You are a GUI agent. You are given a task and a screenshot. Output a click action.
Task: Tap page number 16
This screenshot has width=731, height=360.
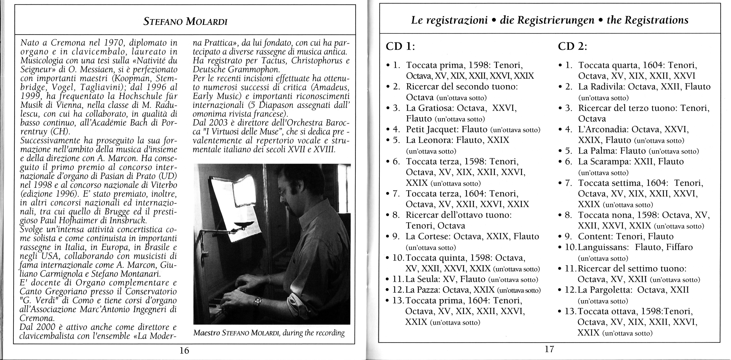tap(184, 351)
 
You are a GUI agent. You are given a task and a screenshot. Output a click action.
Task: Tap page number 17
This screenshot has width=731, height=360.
tap(549, 349)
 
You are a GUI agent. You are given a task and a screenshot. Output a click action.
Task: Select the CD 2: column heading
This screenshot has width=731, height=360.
tap(572, 46)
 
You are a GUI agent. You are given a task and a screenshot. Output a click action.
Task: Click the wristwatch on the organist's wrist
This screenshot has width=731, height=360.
tap(257, 301)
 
